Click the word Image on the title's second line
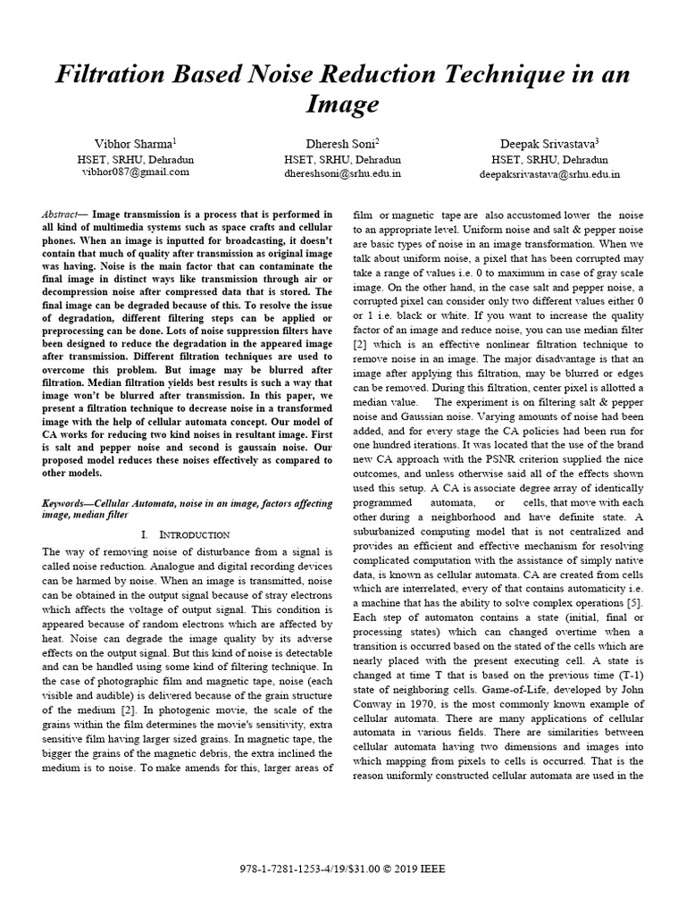click(343, 105)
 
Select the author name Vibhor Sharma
click(135, 144)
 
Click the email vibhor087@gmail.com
click(136, 172)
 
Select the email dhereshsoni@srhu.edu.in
click(343, 174)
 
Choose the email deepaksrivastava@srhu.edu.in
click(549, 174)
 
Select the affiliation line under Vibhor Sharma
click(136, 159)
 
